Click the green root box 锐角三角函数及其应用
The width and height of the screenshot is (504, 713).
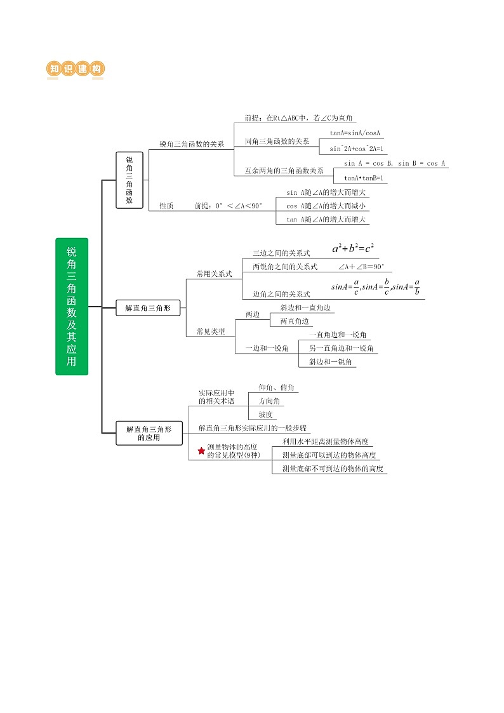click(72, 306)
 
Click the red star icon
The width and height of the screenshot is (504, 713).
click(202, 450)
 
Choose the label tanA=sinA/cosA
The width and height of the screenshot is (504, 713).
click(355, 133)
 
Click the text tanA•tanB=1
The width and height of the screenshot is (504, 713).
click(365, 178)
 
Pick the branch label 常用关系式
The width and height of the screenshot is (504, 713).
click(215, 274)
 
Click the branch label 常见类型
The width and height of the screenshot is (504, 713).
click(211, 331)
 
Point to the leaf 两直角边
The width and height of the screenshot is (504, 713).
click(295, 321)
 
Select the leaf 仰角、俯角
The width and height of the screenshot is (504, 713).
click(275, 387)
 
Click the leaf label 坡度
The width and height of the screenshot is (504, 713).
click(265, 415)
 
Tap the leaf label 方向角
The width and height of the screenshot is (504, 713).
click(270, 401)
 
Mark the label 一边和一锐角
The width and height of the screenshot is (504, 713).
click(267, 348)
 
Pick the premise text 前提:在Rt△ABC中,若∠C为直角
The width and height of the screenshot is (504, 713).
click(300, 118)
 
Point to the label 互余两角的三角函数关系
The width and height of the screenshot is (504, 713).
click(284, 171)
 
